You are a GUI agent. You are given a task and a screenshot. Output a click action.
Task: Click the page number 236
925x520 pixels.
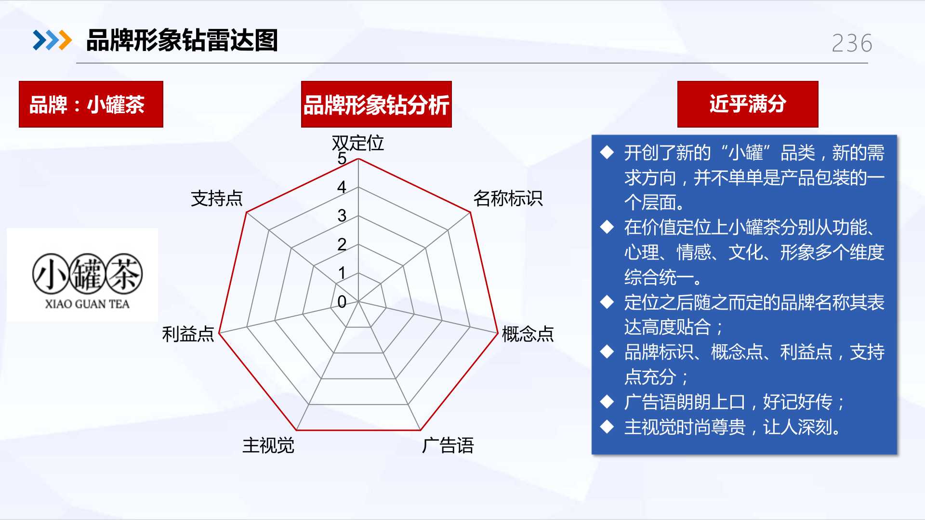coord(852,43)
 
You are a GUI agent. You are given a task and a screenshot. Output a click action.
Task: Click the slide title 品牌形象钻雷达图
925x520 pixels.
coord(182,40)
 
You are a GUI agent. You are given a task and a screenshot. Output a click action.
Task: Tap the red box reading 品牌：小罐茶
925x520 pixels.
coord(91,104)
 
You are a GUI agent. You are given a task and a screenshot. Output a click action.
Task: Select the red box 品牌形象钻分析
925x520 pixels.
coord(376,104)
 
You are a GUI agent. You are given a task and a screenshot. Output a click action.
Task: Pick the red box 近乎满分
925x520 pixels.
coord(748,104)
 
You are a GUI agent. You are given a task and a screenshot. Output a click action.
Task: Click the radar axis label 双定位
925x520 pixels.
coord(358,143)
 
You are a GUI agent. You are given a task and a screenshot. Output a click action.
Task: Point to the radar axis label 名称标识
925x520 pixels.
coord(508,198)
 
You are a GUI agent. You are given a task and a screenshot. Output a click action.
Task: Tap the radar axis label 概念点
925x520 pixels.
coord(528,334)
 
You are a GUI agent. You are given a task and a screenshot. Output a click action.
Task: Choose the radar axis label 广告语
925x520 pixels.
coord(448,445)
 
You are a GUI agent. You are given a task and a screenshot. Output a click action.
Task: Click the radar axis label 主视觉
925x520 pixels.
coord(268,445)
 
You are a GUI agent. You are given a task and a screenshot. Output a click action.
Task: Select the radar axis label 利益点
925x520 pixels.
coord(188,334)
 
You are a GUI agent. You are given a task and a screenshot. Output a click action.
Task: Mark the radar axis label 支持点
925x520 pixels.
coord(217,198)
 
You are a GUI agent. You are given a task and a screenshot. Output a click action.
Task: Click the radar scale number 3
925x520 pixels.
coord(342,216)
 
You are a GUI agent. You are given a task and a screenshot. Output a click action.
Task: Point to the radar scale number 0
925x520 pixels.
coord(342,302)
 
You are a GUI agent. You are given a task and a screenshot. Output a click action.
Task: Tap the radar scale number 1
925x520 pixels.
coord(342,273)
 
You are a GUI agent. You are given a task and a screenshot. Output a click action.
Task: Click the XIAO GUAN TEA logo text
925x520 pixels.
coord(87,304)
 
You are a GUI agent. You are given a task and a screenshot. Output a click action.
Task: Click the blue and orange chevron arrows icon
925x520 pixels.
coord(52,40)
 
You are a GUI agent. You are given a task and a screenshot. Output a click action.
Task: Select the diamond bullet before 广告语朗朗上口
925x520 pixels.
coord(607,402)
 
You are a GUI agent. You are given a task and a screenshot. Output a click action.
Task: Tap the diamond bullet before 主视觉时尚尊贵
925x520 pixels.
coord(607,427)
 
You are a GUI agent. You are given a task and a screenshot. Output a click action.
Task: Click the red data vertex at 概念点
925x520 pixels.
coord(497,332)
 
